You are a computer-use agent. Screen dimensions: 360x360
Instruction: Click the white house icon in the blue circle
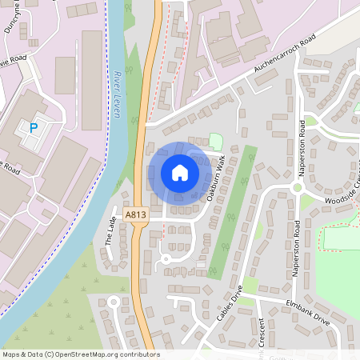[179, 173]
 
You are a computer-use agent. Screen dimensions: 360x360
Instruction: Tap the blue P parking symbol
[34, 127]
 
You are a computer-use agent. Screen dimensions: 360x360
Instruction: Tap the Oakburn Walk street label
[214, 181]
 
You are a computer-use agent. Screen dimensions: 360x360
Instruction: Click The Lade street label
[110, 233]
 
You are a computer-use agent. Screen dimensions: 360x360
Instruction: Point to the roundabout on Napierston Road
[296, 188]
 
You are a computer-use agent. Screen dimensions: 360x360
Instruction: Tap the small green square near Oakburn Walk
[214, 141]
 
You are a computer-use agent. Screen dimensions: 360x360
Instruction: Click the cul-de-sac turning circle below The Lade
[114, 302]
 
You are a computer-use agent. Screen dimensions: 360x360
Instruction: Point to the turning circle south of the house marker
[166, 258]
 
